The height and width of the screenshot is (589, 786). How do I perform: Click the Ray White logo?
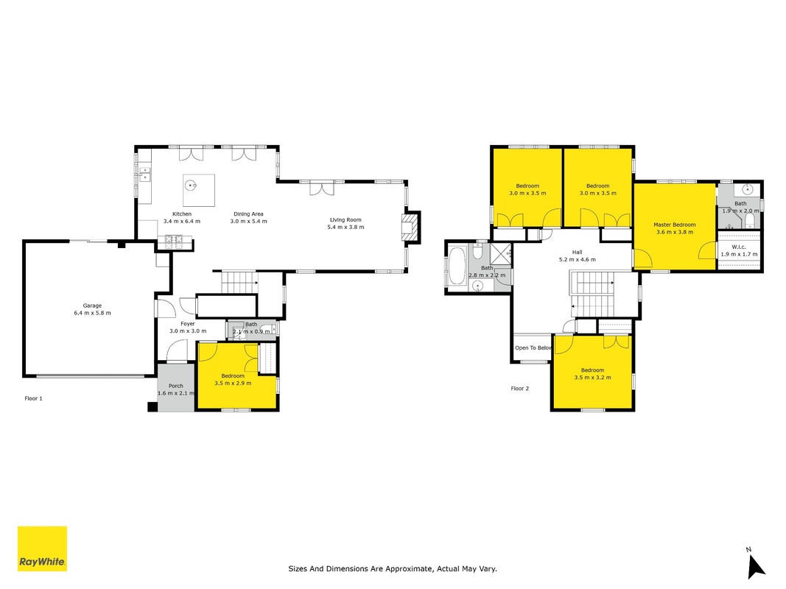pos(42,549)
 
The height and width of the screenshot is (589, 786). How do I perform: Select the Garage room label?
pos(92,306)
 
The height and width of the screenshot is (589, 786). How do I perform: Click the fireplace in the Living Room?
pos(410,228)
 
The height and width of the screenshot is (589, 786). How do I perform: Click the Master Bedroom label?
pos(675,225)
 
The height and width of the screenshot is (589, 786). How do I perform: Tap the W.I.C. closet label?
pos(739,247)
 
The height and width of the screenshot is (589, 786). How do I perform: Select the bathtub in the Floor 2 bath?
pos(457,266)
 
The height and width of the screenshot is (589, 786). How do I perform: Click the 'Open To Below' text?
pos(533,348)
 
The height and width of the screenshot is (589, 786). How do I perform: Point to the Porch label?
pos(176,386)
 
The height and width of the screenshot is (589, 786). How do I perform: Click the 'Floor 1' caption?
pos(34,398)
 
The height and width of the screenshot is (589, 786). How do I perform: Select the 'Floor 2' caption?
pos(520,389)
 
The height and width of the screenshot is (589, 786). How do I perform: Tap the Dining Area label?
pos(249,214)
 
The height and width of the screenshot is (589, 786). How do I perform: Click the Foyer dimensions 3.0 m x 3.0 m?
pos(188,331)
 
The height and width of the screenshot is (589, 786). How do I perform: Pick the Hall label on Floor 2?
pos(578,253)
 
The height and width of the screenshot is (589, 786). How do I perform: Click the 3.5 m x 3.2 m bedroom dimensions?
pos(592,378)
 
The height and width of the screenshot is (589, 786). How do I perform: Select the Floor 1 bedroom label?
pos(233,376)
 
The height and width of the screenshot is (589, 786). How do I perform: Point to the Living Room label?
pos(346,220)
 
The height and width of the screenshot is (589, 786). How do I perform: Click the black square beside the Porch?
pos(152,406)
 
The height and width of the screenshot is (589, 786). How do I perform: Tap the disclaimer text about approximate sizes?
pos(393,568)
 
